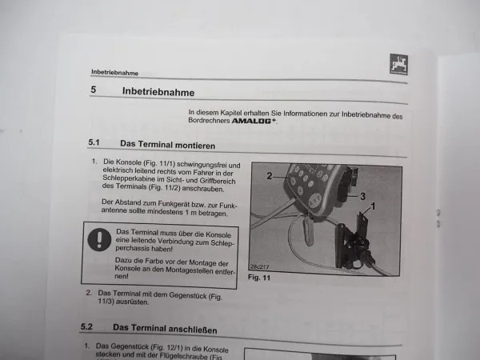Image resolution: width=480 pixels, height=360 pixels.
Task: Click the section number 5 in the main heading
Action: (x=94, y=90)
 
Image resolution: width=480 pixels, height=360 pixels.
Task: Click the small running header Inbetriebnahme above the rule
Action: (x=116, y=70)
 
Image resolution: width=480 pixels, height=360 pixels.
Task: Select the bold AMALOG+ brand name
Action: (x=254, y=124)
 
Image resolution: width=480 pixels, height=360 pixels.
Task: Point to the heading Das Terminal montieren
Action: (x=168, y=144)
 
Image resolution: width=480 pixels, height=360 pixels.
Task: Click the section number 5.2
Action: (x=88, y=327)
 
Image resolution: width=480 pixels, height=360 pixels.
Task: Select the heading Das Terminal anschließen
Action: (x=165, y=329)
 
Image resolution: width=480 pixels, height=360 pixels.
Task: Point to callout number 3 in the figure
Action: (x=362, y=195)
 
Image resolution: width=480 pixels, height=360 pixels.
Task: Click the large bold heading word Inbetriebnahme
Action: (x=170, y=91)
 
